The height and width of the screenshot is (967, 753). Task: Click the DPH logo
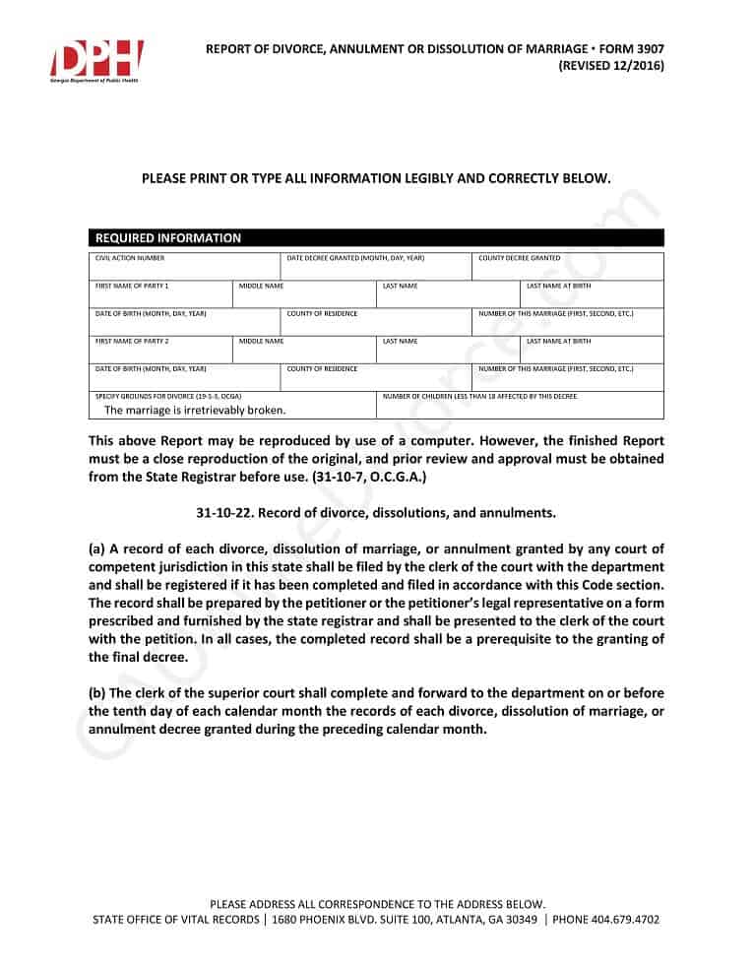[96, 60]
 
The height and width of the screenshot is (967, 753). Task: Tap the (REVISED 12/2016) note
[610, 66]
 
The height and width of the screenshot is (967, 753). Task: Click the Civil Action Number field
[184, 267]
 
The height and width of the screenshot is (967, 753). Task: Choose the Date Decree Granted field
[376, 267]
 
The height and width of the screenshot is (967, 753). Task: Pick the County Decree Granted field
[568, 267]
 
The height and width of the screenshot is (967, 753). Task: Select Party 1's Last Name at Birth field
[592, 294]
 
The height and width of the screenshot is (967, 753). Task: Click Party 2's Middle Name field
[304, 350]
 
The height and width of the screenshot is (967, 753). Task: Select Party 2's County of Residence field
[376, 377]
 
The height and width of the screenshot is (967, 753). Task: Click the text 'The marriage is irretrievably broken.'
[195, 411]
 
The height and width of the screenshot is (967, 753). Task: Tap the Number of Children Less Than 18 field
[520, 406]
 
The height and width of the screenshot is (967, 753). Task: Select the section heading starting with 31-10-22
[376, 513]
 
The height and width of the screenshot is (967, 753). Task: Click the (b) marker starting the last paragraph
[96, 692]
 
